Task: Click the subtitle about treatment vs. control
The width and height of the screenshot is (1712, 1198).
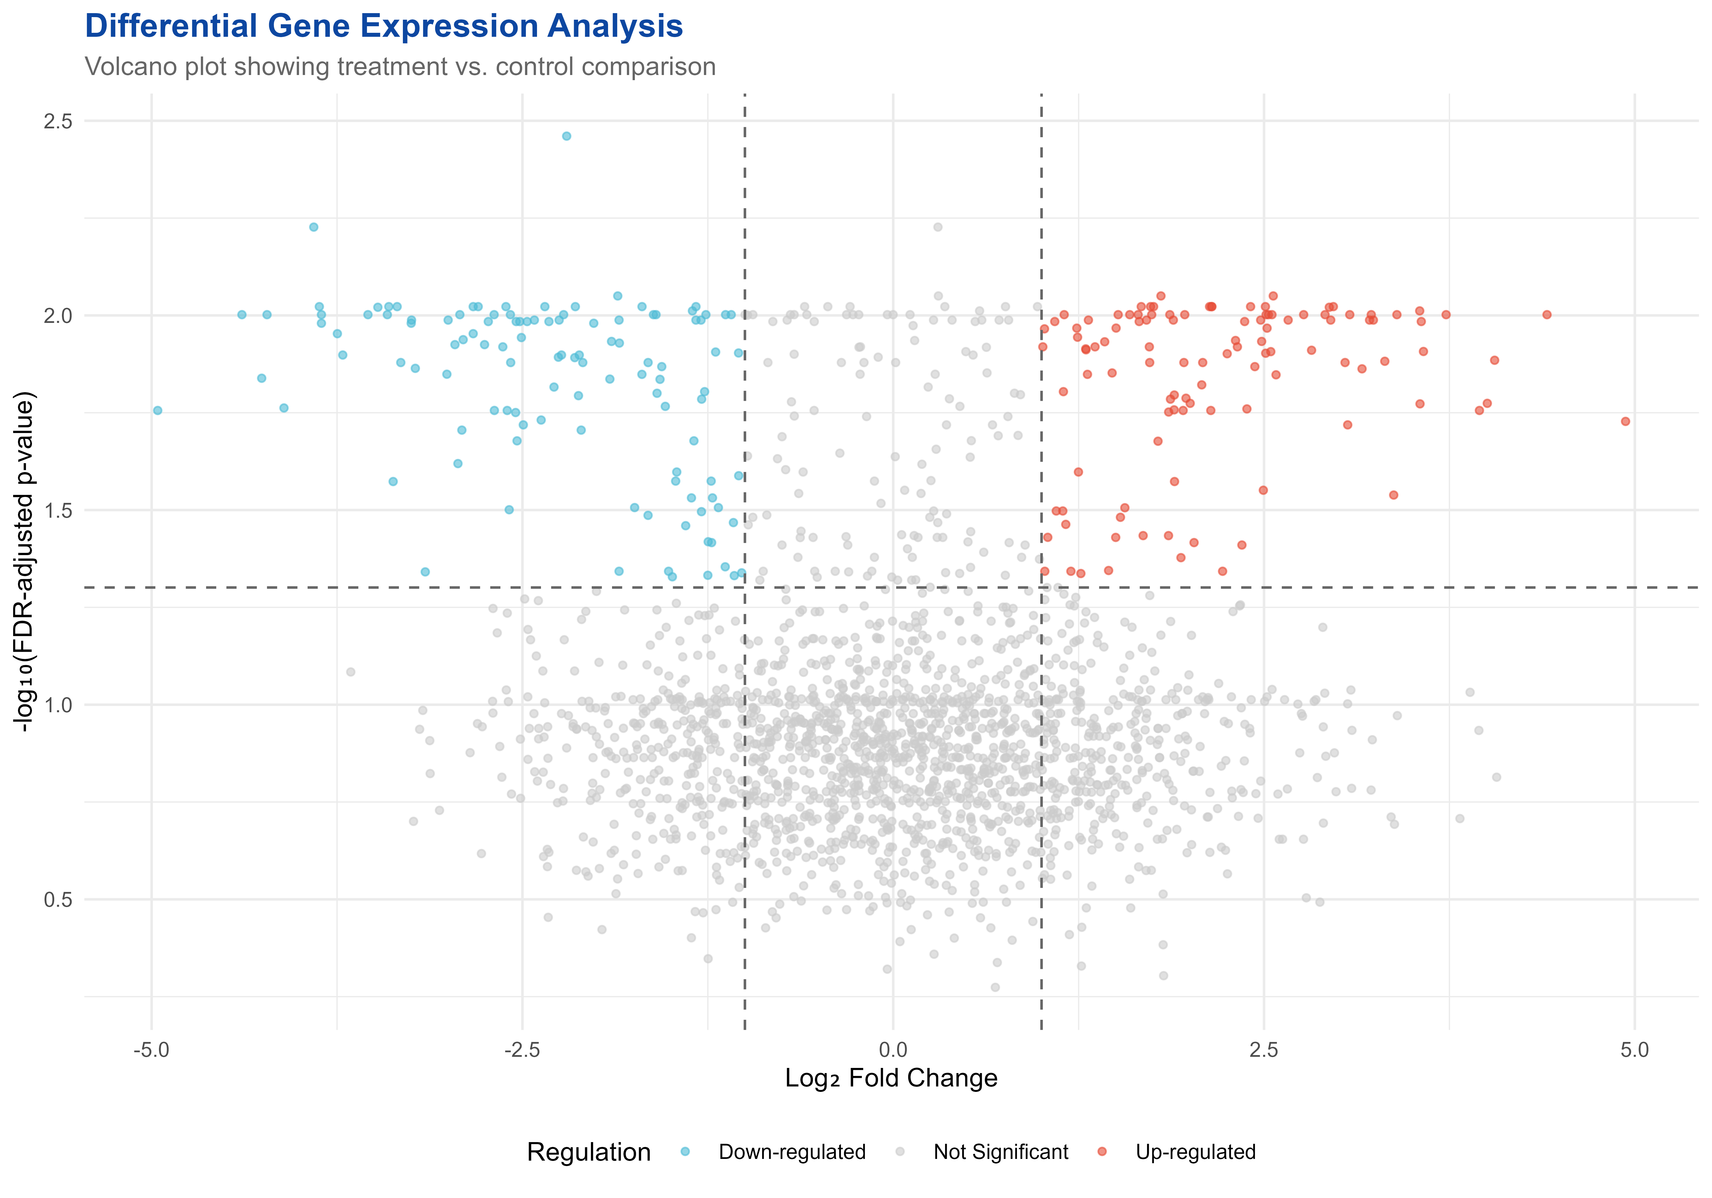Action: (x=400, y=67)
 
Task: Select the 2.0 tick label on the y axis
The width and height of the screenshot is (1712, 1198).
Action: (x=57, y=316)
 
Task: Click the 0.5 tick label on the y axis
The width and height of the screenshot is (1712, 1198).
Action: (x=57, y=900)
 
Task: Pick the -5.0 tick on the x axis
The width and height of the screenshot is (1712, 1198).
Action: (x=151, y=1051)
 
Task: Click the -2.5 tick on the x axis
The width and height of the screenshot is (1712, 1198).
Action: (x=522, y=1051)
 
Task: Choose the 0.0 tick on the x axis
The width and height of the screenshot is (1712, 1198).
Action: (x=893, y=1051)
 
